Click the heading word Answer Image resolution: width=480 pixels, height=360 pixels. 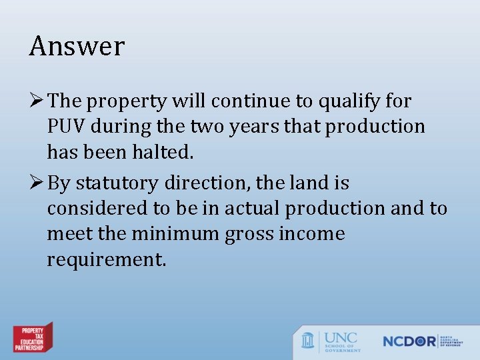tap(77, 47)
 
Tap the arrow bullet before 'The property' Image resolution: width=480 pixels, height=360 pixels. tap(37, 101)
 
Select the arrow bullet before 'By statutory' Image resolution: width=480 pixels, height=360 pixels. tap(37, 183)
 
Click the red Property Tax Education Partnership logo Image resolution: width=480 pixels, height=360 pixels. tap(33, 338)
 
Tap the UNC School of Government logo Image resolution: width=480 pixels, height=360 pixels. tap(331, 341)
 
